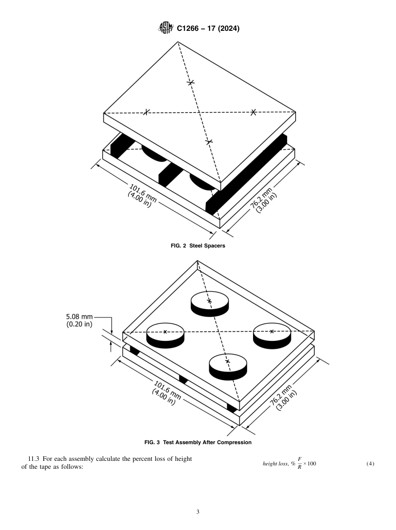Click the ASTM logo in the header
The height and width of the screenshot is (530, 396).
point(165,29)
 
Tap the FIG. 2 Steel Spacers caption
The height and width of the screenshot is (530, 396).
point(198,246)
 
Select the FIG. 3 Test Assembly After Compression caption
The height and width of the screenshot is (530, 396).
point(198,442)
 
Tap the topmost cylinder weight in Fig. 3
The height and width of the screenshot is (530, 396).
point(209,303)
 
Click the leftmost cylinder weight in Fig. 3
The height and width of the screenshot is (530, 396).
point(165,335)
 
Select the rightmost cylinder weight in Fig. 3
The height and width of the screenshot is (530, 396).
point(272,335)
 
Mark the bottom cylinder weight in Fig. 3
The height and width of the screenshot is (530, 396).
point(228,366)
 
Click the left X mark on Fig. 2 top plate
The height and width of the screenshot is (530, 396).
point(146,112)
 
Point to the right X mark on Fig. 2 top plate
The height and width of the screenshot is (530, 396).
point(253,112)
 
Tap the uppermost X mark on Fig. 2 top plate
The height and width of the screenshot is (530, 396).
point(190,82)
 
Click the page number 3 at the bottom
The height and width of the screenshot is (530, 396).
point(198,512)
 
